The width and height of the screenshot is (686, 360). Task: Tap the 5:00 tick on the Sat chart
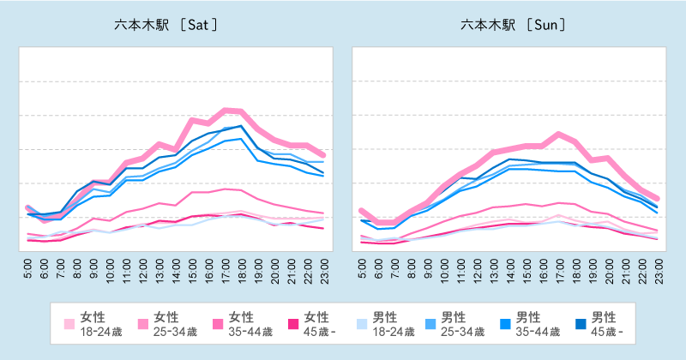tap(28, 270)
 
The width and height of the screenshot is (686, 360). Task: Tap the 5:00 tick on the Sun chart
tap(361, 270)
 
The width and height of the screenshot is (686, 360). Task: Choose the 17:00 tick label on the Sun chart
tap(559, 270)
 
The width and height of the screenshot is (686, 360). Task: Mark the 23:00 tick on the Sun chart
tap(658, 270)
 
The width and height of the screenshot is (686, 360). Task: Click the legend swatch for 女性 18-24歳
tap(69, 324)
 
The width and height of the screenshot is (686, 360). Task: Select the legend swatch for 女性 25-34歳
tap(142, 324)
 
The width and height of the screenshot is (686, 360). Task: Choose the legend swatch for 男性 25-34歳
tap(429, 324)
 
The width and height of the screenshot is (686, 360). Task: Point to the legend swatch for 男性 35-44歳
tap(502, 324)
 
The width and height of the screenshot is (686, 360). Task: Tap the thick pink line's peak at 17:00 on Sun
tap(559, 134)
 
